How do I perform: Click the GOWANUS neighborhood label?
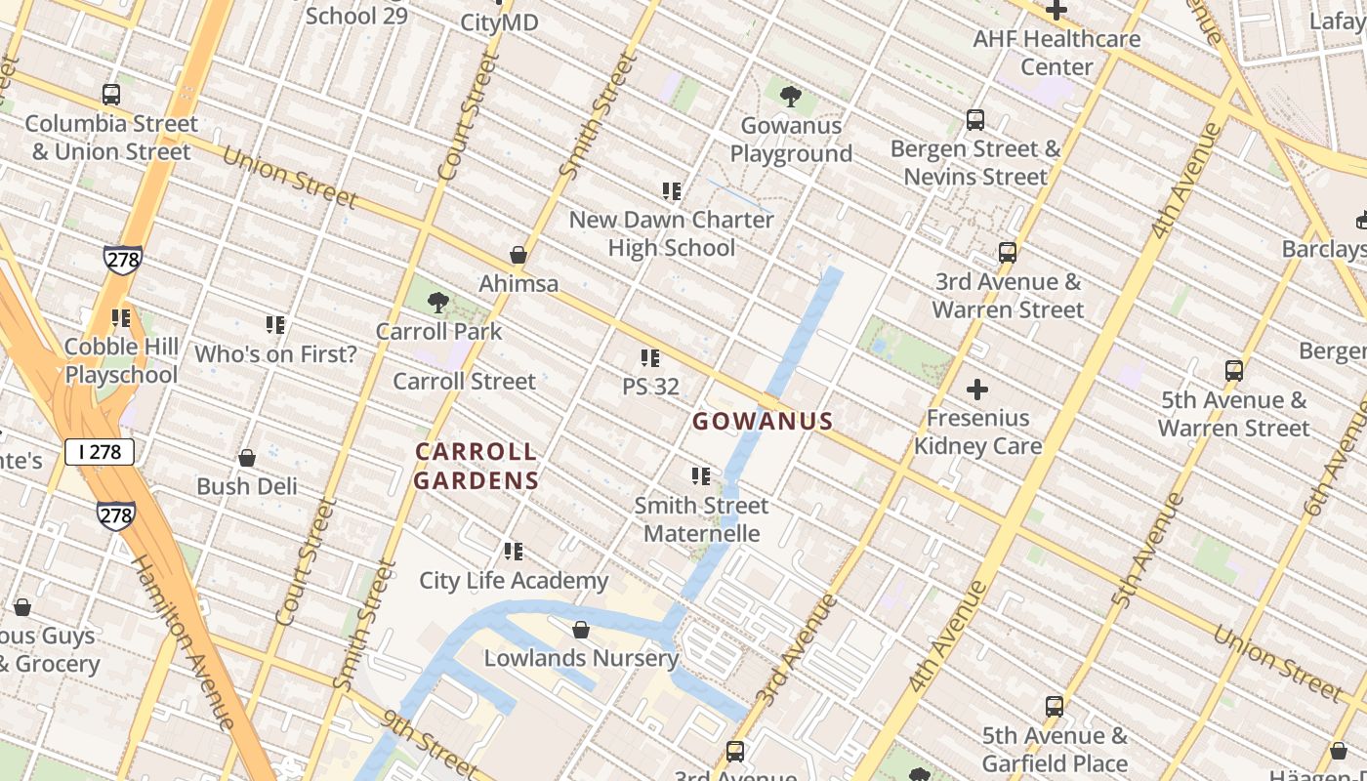tap(763, 422)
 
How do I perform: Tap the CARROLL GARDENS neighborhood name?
tap(476, 466)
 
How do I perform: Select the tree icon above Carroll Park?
tap(438, 303)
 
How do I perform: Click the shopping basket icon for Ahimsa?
tap(518, 256)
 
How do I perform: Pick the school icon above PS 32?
tap(650, 358)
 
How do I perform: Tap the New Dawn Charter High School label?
tap(672, 233)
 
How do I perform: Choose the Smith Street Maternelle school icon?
tap(701, 476)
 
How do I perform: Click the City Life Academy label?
tap(514, 581)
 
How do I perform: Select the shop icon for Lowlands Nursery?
tap(581, 630)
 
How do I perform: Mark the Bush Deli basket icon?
tap(247, 458)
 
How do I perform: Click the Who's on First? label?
tap(275, 354)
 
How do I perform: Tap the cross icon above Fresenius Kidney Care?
tap(977, 390)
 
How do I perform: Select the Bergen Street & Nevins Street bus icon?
tap(975, 120)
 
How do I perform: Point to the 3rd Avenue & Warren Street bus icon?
tap(1008, 254)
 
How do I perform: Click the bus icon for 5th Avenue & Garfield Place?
tap(1055, 707)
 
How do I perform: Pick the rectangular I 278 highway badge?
tap(100, 451)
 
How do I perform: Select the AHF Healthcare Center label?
tap(1056, 53)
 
